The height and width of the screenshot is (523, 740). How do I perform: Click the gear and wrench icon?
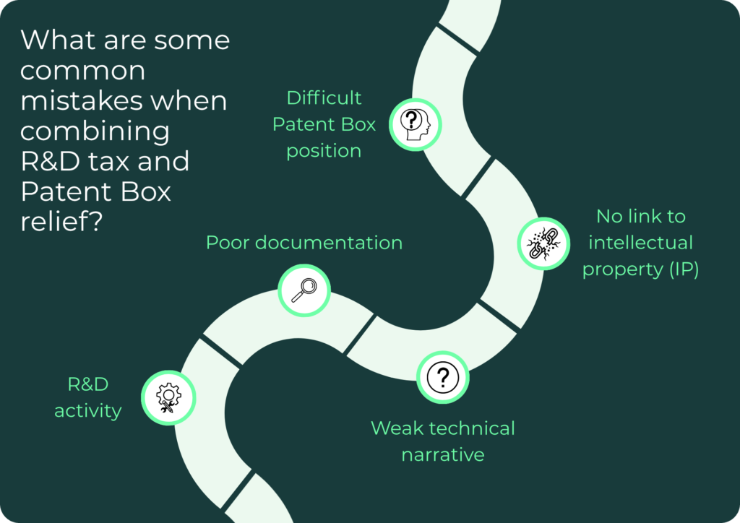168,398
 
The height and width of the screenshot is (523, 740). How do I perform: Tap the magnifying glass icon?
304,290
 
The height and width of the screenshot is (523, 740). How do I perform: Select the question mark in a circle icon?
443,377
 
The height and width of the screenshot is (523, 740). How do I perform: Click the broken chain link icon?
543,243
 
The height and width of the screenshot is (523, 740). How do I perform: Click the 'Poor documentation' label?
304,243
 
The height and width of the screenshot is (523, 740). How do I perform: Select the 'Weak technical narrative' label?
443,441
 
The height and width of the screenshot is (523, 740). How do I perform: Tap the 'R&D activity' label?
88,397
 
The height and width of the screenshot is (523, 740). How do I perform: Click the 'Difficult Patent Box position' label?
324,124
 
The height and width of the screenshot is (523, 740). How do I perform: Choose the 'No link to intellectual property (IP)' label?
640,243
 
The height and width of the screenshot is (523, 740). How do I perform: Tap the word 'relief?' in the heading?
61,221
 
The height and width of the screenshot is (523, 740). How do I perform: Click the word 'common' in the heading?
82,72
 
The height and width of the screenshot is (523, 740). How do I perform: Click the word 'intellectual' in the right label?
640,243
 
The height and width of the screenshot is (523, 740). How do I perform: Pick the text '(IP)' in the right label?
684,269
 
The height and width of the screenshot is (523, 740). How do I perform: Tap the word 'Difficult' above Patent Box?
324,98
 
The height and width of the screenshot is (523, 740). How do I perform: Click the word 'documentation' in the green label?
329,243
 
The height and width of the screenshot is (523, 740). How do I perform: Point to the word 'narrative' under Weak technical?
443,454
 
